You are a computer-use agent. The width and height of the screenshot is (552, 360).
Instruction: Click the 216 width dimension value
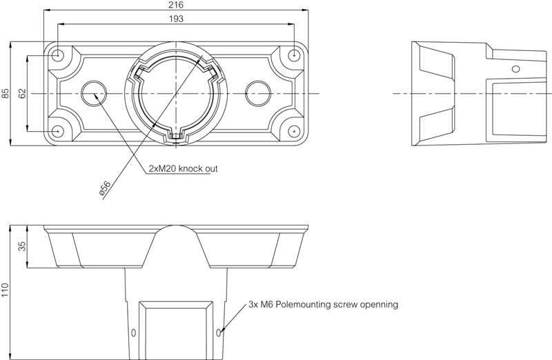(176, 5)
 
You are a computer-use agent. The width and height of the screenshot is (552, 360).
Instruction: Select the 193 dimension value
(176, 19)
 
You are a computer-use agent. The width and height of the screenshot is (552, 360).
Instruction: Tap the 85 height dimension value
(6, 92)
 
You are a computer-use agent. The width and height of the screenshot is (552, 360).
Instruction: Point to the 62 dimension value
(21, 92)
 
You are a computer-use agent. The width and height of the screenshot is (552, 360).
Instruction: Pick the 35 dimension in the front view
(21, 246)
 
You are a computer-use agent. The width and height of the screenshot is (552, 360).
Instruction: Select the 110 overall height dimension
(6, 292)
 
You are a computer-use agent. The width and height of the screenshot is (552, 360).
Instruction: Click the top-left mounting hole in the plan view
(59, 54)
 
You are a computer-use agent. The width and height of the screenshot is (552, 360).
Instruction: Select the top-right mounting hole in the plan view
(295, 54)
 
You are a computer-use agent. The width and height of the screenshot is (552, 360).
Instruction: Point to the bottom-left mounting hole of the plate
(59, 130)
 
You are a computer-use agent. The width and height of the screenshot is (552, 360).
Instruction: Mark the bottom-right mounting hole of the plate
(295, 130)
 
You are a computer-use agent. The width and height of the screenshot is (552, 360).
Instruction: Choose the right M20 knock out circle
(258, 92)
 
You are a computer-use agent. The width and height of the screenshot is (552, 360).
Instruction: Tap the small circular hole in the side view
(514, 68)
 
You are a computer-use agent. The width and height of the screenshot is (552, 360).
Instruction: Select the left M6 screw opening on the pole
(134, 333)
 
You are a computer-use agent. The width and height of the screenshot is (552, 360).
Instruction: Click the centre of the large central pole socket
(176, 92)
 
